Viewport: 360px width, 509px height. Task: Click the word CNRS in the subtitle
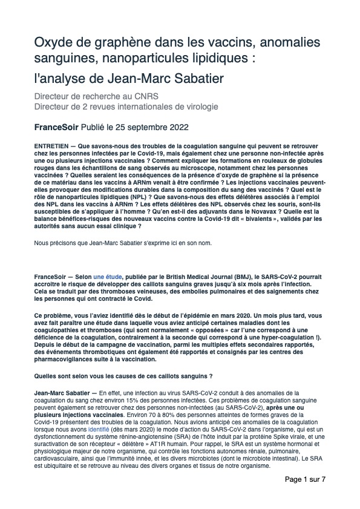coord(155,96)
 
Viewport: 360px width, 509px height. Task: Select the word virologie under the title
coord(200,107)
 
